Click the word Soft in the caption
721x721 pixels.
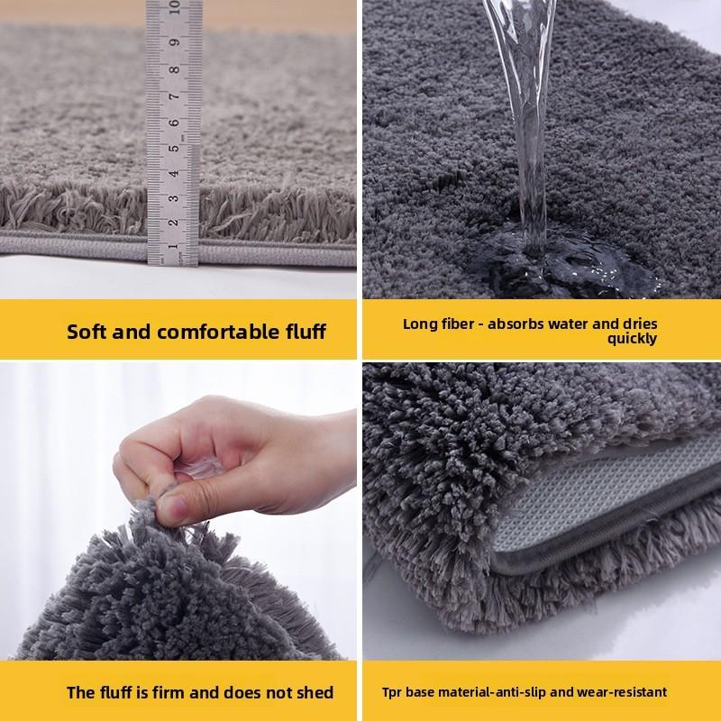click(x=88, y=331)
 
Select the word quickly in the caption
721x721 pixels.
click(x=632, y=339)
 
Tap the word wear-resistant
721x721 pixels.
click(x=622, y=692)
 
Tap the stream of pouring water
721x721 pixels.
click(x=526, y=117)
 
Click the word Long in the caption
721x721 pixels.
click(x=419, y=323)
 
